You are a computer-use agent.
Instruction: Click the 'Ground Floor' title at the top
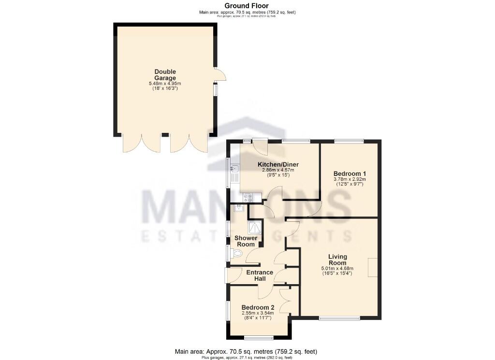coord(247,5)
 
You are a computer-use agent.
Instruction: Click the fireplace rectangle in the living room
coord(373,267)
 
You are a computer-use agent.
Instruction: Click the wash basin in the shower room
coord(238,208)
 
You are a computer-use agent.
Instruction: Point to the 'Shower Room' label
coord(246,241)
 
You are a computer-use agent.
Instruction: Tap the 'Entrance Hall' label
coord(260,275)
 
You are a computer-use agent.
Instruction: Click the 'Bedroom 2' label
coord(258,307)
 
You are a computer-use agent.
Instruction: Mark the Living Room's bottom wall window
coord(339,318)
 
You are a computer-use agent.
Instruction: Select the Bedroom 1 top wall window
coord(349,141)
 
